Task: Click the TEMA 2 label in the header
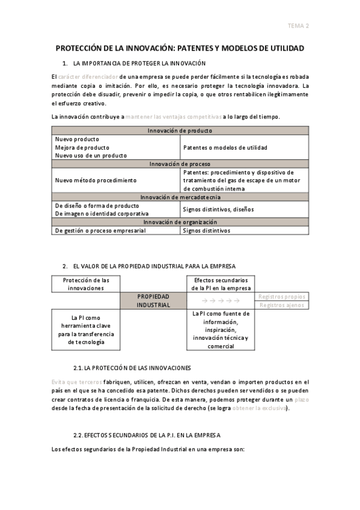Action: coord(298,25)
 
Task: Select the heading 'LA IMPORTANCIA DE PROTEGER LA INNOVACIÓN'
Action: coord(139,63)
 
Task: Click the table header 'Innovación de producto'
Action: coord(180,131)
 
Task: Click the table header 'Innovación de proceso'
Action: coord(180,164)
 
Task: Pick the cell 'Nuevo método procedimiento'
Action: coord(96,180)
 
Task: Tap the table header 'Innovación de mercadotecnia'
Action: coord(180,197)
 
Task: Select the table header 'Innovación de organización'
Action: coord(180,222)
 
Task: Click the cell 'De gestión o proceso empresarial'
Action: coord(102,230)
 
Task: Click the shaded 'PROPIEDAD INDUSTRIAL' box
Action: coord(153,301)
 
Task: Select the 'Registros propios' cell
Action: coord(281,296)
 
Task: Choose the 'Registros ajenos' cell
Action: coord(282,305)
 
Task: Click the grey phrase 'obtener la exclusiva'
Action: coord(259,408)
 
